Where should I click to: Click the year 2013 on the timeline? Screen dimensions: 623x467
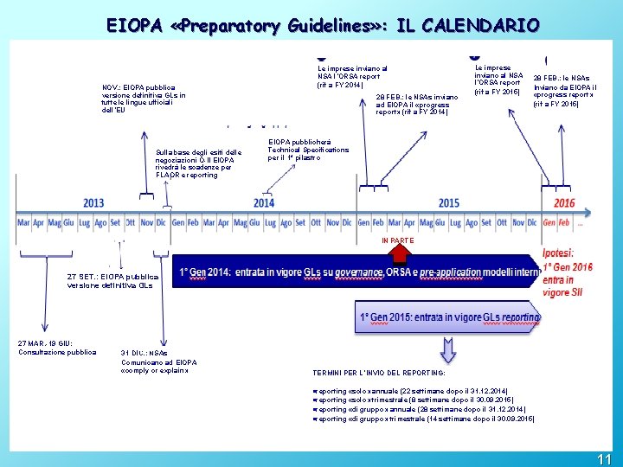tap(93, 203)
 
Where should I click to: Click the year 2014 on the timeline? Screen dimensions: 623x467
tap(264, 203)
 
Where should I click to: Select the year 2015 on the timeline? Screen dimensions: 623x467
tap(449, 203)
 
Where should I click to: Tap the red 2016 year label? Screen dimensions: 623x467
tap(564, 203)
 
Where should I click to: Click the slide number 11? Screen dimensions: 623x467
tap(604, 458)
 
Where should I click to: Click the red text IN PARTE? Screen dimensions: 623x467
tap(398, 240)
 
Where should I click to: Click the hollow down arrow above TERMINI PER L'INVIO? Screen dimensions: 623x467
tap(448, 349)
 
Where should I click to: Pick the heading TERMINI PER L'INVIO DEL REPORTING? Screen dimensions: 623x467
tap(379, 373)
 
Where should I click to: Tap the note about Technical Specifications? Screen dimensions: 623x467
tap(308, 150)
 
